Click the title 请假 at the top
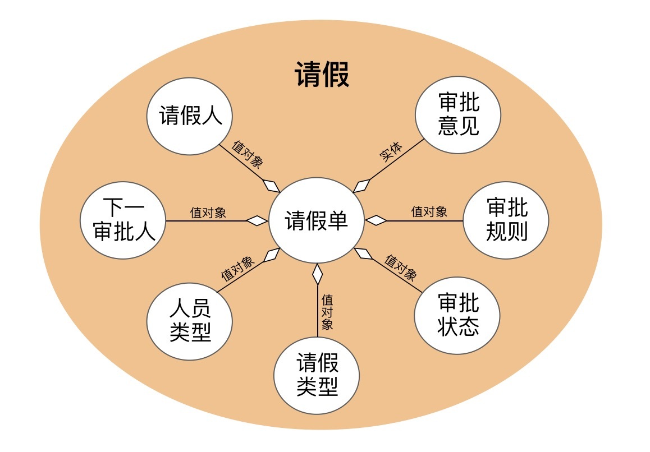pyautogui.click(x=322, y=75)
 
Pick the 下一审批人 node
pyautogui.click(x=123, y=220)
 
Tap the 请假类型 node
pyautogui.click(x=317, y=375)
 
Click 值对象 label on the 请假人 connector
pyautogui.click(x=247, y=154)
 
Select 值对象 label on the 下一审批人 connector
pyautogui.click(x=208, y=213)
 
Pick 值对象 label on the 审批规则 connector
pyautogui.click(x=429, y=211)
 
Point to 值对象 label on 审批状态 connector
pyautogui.click(x=401, y=267)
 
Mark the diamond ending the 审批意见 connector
pyautogui.click(x=363, y=185)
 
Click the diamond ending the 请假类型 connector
pyautogui.click(x=318, y=275)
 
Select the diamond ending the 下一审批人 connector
pyautogui.click(x=258, y=221)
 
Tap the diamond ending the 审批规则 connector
pyautogui.click(x=376, y=220)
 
